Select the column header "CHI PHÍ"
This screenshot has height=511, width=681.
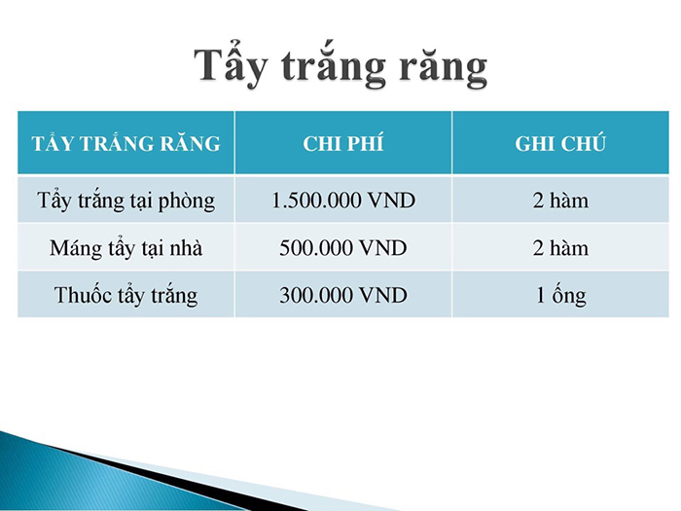pyautogui.click(x=343, y=144)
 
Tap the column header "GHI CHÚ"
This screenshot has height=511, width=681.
pyautogui.click(x=560, y=144)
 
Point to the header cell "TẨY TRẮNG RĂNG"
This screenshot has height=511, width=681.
pyautogui.click(x=125, y=143)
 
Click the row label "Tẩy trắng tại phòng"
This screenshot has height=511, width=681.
pyautogui.click(x=125, y=201)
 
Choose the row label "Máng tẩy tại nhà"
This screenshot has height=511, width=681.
pyautogui.click(x=125, y=248)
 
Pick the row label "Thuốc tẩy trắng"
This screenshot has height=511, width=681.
pyautogui.click(x=125, y=296)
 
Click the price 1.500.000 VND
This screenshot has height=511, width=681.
pyautogui.click(x=343, y=201)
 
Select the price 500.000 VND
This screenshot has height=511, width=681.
pyautogui.click(x=343, y=248)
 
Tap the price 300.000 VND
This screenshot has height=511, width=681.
pyautogui.click(x=343, y=296)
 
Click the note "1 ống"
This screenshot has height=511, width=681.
pyautogui.click(x=560, y=296)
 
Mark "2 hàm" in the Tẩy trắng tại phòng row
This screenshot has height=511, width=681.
pyautogui.click(x=560, y=201)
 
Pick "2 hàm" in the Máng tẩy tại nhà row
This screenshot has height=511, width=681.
pyautogui.click(x=560, y=248)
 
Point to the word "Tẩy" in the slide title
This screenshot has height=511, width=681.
pyautogui.click(x=230, y=65)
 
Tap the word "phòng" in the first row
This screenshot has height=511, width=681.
pyautogui.click(x=187, y=202)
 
